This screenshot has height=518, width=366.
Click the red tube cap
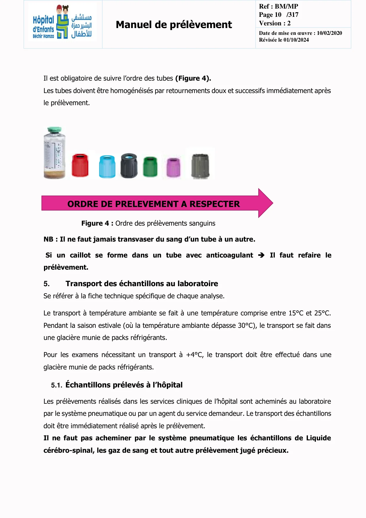tap(80, 165)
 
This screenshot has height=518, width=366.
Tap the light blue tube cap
tap(107, 166)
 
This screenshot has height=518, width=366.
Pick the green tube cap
tap(150, 167)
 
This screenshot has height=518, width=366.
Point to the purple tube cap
tap(173, 167)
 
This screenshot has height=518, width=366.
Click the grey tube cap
tap(200, 166)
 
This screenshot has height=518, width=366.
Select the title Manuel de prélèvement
tap(174, 25)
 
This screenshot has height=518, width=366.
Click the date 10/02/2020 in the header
tap(329, 33)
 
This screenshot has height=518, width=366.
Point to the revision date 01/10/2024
tap(296, 40)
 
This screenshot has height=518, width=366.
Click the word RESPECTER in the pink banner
tap(215, 204)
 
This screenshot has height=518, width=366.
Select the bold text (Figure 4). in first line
tap(193, 78)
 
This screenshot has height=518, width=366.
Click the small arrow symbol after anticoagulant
tap(261, 255)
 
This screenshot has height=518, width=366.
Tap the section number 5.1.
tap(56, 385)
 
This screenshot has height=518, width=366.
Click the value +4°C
tap(194, 355)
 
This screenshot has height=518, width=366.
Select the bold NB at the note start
tap(48, 239)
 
